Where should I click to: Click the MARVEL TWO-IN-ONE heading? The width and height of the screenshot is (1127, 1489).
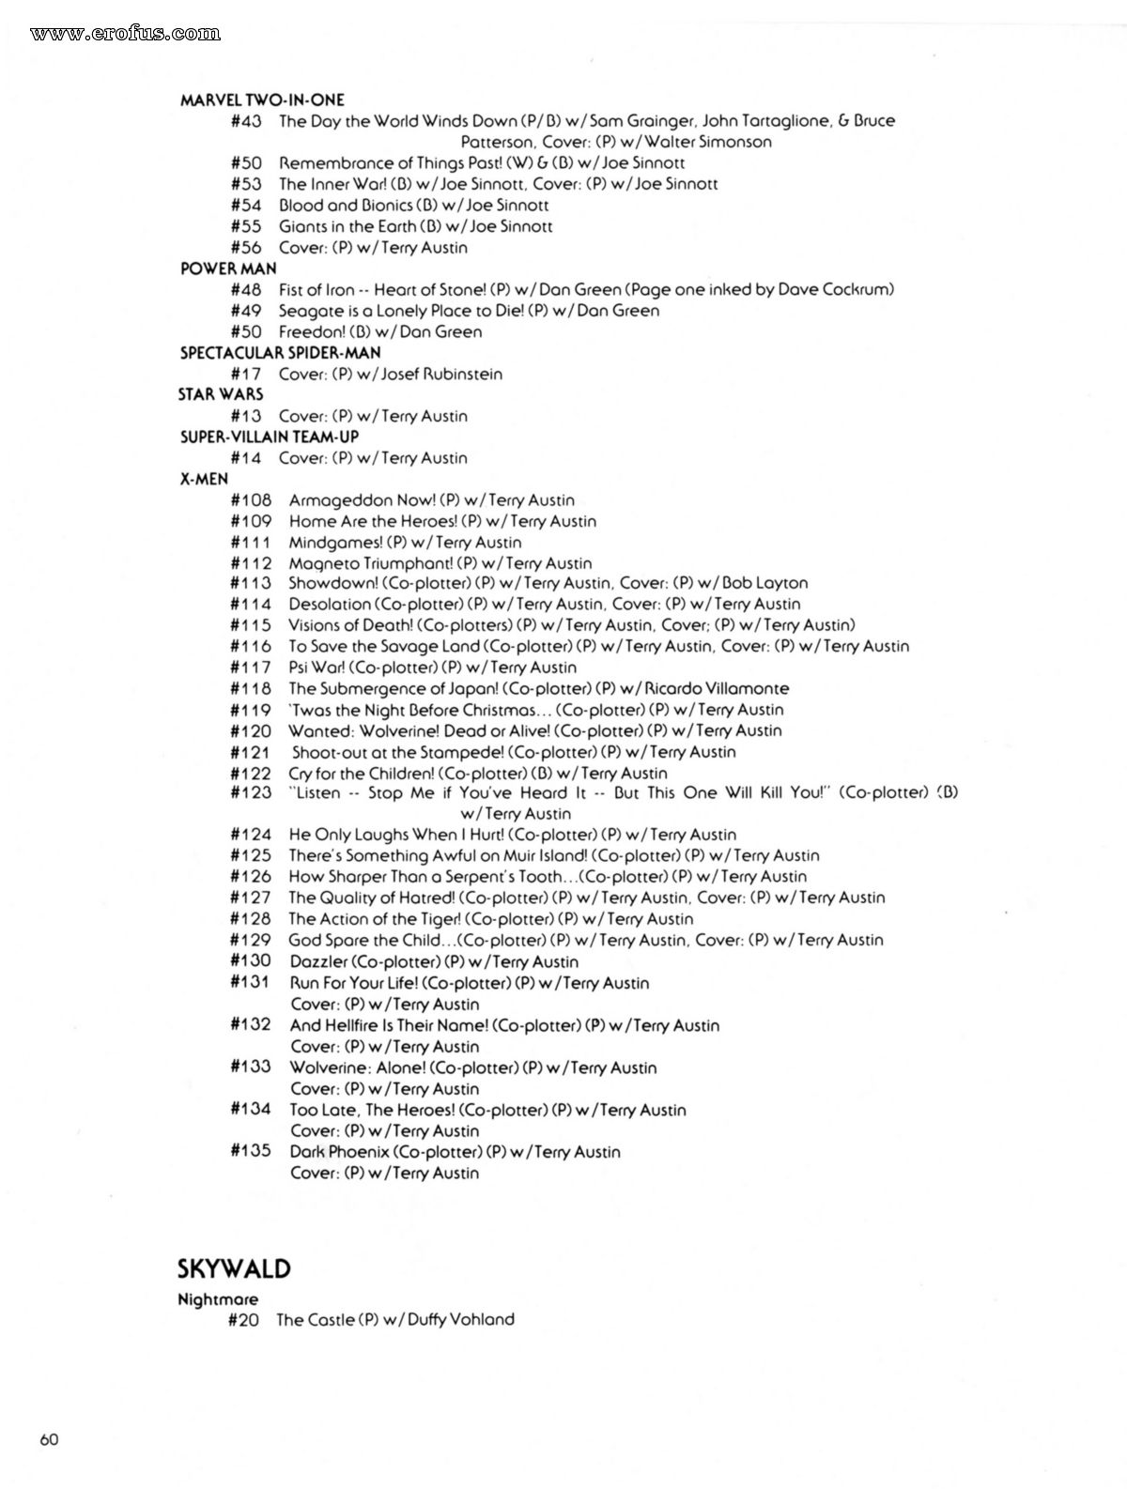click(262, 100)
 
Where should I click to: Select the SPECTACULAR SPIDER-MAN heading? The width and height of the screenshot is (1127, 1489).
click(280, 353)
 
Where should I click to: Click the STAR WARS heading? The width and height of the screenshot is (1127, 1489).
click(221, 394)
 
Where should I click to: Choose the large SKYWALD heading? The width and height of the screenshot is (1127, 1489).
click(234, 1269)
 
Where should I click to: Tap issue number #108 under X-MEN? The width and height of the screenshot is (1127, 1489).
click(251, 500)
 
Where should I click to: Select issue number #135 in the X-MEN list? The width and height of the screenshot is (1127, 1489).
click(251, 1151)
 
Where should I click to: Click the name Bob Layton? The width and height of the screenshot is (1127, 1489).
click(764, 583)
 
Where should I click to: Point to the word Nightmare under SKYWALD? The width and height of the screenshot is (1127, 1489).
click(218, 1300)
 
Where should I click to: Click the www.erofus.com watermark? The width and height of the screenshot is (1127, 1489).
click(125, 34)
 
